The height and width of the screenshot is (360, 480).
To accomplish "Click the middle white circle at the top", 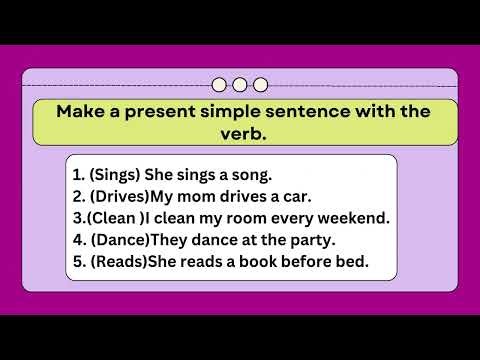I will click(240, 84).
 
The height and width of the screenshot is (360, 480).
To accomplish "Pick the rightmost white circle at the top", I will click(260, 84).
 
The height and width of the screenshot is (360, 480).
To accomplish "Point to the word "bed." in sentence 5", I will click(350, 262).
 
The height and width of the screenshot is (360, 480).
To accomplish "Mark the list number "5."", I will click(78, 262).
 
